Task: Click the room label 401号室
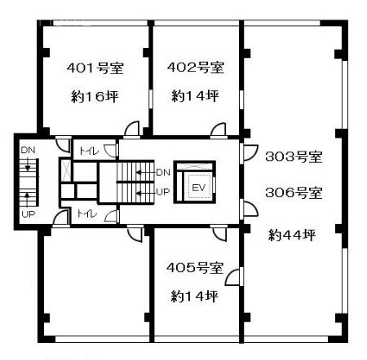pos(93,68)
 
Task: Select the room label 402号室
pos(196,67)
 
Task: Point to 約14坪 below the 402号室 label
pos(196,95)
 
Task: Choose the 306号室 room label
pos(293,194)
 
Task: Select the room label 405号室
pos(195,266)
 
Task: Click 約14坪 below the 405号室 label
pos(195,294)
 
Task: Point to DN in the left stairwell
pos(28,151)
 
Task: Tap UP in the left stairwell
pos(28,216)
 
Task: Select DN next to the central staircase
pos(162,173)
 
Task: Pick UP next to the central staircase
pos(162,192)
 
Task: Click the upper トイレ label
pos(86,151)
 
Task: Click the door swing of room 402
pos(219,130)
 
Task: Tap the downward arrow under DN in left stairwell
pos(28,165)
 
